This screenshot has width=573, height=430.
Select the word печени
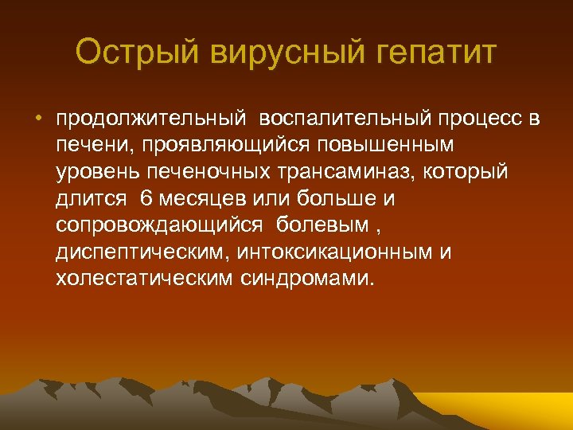(x=84, y=146)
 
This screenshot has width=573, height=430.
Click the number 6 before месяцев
(x=145, y=198)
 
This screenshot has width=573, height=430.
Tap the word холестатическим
(x=144, y=279)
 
